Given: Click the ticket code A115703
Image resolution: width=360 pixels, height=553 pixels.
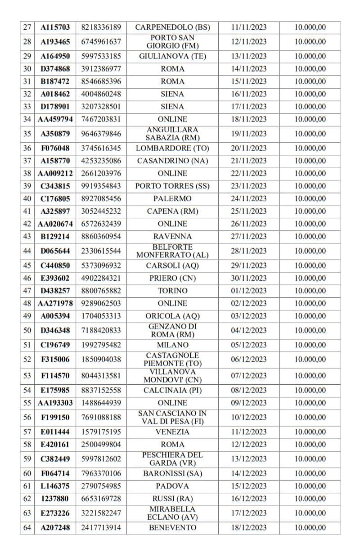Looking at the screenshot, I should pos(55,27).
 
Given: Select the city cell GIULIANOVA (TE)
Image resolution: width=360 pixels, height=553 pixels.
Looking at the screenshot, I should pos(172,56).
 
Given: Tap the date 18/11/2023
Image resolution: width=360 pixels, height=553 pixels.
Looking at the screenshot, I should pos(248,119).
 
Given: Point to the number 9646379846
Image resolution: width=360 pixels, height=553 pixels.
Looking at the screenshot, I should pos(101,134).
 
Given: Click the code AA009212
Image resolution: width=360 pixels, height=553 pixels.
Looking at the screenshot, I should pos(55,173).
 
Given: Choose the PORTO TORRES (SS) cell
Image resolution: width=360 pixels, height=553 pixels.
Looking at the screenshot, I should pos(172,186).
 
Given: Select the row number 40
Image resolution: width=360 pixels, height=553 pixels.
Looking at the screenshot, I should pos(27,198).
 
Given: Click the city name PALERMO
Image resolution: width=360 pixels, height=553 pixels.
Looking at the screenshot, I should pos(172,198).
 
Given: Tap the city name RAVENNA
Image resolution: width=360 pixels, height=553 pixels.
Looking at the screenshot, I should pos(172,236).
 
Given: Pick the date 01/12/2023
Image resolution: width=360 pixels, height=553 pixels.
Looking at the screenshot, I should pos(248,291).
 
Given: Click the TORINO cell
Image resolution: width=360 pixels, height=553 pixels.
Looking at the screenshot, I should pos(172,291).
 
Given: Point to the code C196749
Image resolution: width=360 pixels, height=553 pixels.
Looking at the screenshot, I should pos(55,345).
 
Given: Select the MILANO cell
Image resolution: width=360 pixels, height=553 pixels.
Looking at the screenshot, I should pos(172,345).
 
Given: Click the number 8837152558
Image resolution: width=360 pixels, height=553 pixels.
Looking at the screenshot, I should pos(101,390).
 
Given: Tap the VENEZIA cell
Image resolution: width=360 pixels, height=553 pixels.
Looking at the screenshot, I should pos(172,432).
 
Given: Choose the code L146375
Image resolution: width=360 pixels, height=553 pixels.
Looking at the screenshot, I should pos(55,486).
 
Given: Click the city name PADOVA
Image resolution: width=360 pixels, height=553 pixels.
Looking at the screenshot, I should pos(172,486).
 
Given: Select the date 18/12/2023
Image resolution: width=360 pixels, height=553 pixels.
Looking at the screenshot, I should pos(248,528).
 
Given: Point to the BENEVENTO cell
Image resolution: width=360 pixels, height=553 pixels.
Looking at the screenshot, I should pos(172,528).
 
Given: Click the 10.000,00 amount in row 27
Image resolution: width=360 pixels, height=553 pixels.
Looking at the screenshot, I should pos(310,27).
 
